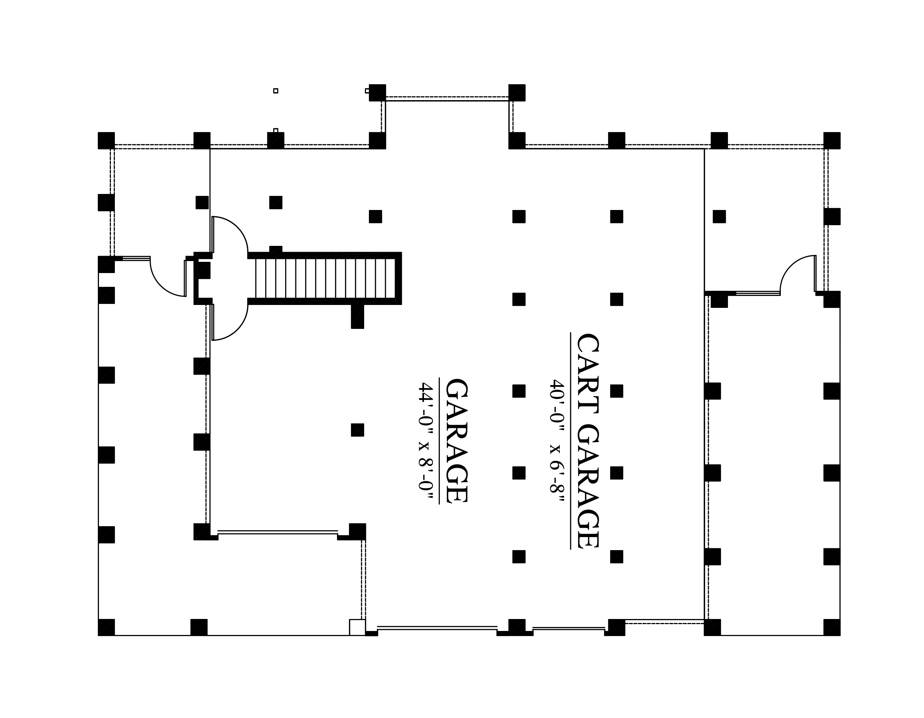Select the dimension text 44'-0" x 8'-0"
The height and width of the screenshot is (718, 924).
point(426,442)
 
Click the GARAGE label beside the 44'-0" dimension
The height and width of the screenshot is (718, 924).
point(457,441)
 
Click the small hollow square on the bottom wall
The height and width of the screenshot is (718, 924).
point(357,627)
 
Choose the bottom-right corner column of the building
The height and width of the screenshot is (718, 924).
point(832,627)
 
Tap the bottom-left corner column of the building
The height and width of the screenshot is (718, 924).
point(106,627)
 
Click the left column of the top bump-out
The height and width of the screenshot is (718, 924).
point(377,93)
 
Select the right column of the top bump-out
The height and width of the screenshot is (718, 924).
point(517,93)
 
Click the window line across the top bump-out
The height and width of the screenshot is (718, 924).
point(447,99)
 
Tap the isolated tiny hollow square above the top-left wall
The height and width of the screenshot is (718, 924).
point(276,91)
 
